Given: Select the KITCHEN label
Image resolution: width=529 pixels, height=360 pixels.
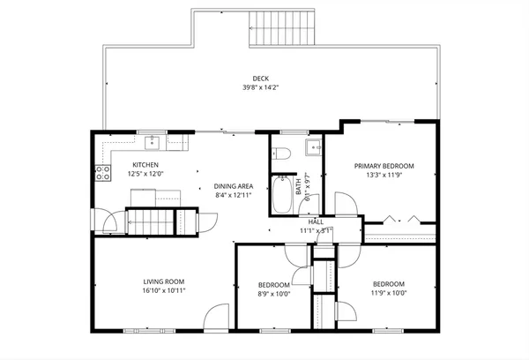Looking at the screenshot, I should coord(145,165).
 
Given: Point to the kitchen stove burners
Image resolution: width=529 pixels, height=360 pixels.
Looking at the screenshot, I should coord(101,172).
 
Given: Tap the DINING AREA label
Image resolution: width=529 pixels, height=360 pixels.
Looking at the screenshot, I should coord(234,186).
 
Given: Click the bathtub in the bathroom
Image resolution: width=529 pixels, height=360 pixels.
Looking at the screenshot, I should coord(284,195).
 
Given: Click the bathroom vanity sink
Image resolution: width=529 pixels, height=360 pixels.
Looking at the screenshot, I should coord(312,146).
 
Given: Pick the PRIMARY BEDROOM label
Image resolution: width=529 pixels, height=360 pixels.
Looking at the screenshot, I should coord(384,165).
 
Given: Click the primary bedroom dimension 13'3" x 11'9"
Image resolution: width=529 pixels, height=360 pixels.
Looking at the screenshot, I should coord(384,174).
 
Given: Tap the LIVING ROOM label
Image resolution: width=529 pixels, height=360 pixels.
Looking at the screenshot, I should coord(164,282).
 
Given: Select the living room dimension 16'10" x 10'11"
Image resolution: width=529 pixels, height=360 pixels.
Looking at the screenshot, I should coord(164,290).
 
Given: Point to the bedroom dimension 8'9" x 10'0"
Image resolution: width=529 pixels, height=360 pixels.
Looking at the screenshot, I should coord(273,294).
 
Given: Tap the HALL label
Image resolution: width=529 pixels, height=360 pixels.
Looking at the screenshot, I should coord(316,221).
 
